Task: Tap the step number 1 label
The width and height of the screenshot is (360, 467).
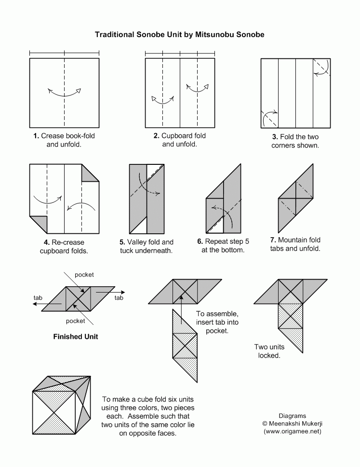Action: (36, 136)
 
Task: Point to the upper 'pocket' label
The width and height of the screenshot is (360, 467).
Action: (84, 275)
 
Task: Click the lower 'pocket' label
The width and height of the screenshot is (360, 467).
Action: (75, 321)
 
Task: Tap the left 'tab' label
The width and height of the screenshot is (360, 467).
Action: (38, 298)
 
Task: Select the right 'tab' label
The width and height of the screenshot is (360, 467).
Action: (119, 298)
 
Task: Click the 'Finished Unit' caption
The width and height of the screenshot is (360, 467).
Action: (75, 336)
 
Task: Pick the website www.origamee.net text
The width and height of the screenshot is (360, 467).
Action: (292, 431)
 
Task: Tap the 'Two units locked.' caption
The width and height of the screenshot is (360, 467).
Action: (269, 351)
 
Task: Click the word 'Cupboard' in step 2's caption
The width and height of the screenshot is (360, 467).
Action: (176, 136)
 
